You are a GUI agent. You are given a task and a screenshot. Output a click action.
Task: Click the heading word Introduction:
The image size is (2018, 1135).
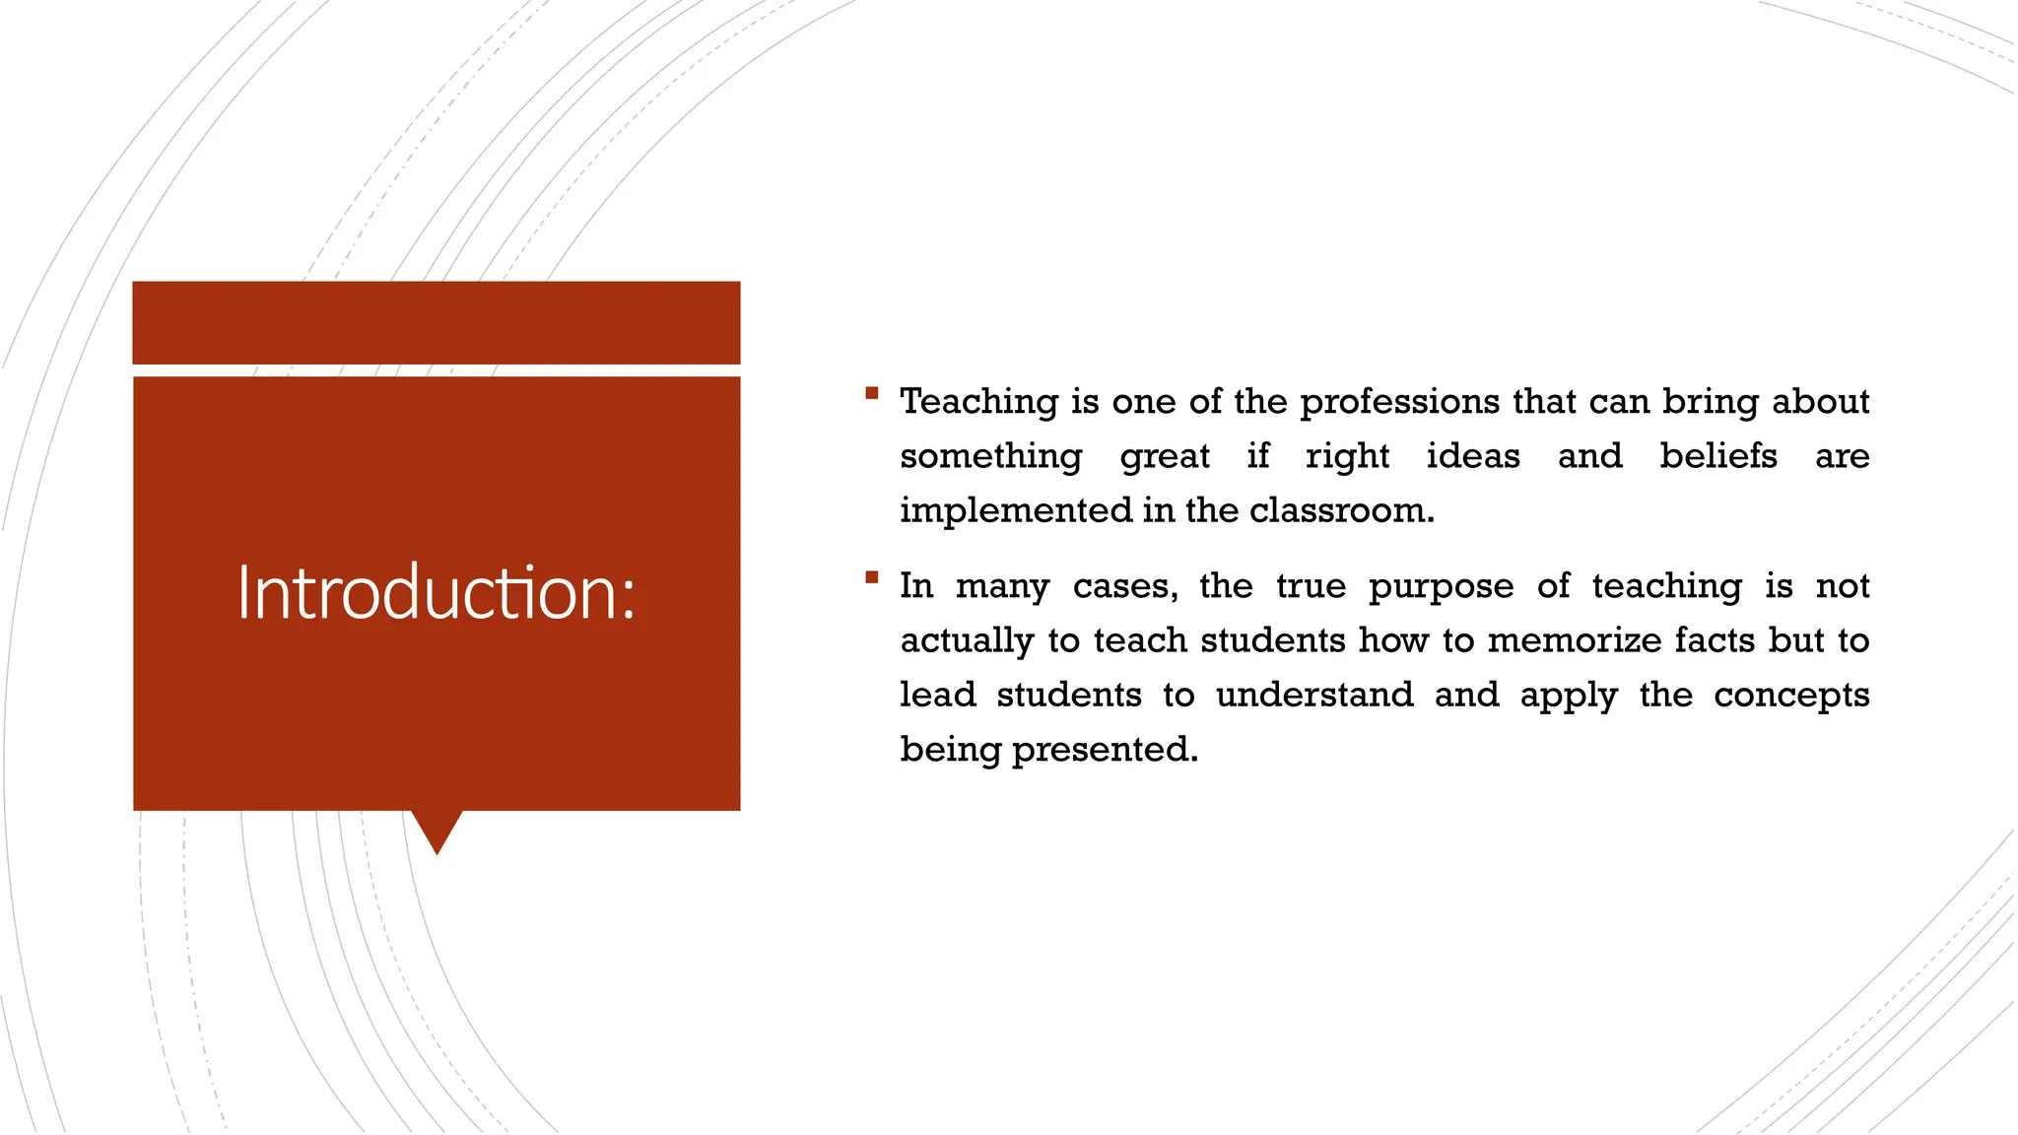[x=437, y=593]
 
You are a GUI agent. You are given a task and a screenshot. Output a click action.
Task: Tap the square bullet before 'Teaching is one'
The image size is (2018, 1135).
[x=871, y=393]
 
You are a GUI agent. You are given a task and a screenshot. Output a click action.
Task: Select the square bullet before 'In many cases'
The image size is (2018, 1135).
[x=871, y=577]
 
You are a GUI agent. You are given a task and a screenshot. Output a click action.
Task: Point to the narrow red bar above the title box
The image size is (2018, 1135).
[x=437, y=322]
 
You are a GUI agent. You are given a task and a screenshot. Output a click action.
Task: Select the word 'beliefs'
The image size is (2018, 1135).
[x=1718, y=456]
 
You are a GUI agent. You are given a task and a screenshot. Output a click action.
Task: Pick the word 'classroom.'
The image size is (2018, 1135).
[x=1342, y=510]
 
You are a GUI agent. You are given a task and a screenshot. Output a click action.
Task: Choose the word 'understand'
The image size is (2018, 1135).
[x=1314, y=695]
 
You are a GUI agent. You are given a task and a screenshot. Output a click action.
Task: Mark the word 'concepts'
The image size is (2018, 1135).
[x=1791, y=696]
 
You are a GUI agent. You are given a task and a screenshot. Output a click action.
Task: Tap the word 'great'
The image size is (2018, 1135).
[x=1165, y=457]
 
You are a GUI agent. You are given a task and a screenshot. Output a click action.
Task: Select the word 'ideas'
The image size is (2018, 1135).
[x=1473, y=456]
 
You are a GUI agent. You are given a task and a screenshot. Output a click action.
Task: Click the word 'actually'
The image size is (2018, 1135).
[x=967, y=641]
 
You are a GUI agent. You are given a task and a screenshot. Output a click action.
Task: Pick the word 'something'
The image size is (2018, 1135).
[x=991, y=457]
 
